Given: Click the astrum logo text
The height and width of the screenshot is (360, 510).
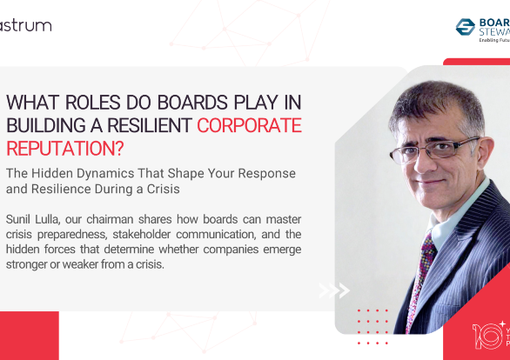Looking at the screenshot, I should pos(25,25).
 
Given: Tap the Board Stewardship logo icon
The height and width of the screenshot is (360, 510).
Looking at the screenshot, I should pos(464,27).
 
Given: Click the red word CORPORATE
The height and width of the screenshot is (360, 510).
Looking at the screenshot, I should pos(249,124).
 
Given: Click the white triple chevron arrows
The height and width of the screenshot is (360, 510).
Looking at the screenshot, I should pos(333,290).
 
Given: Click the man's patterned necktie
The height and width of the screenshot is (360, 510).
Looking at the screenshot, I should pos(427,262).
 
